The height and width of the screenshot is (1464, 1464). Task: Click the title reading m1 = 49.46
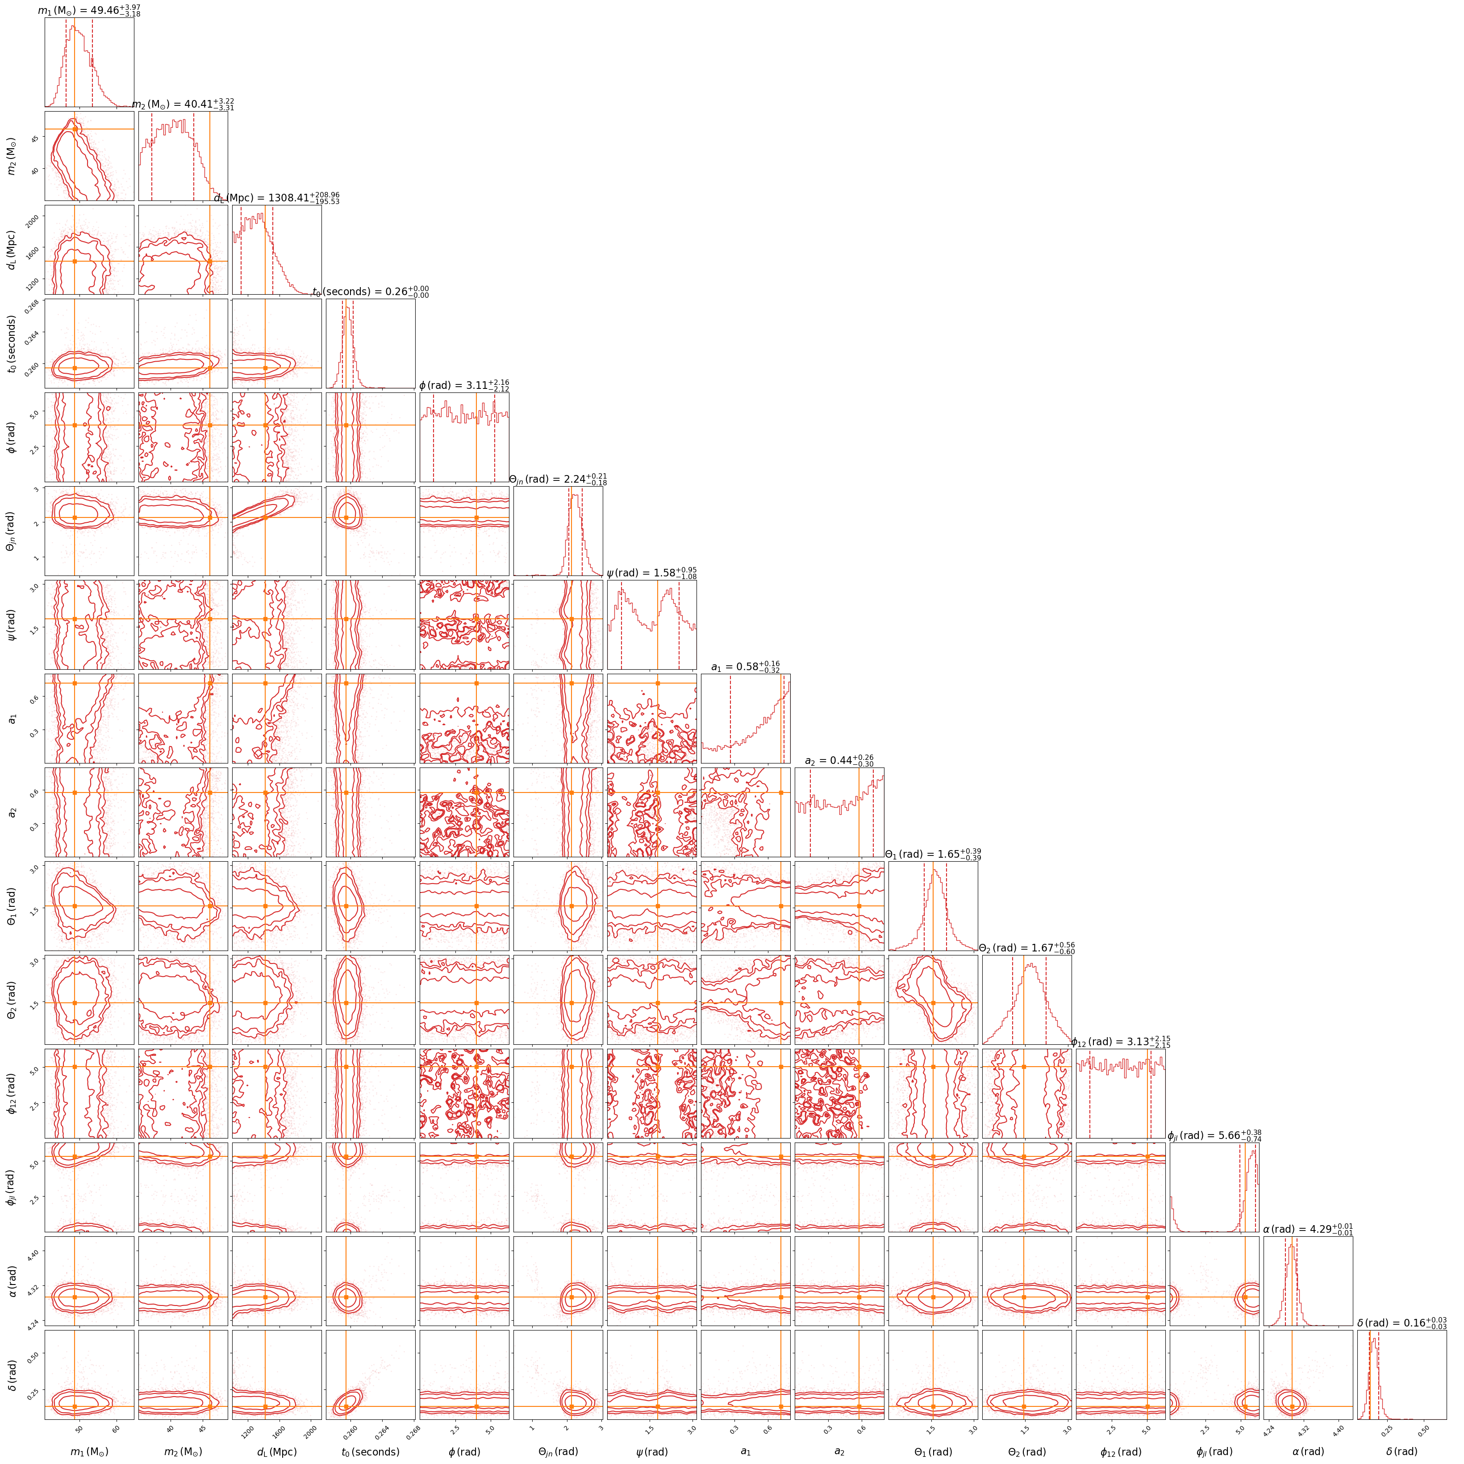(89, 11)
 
